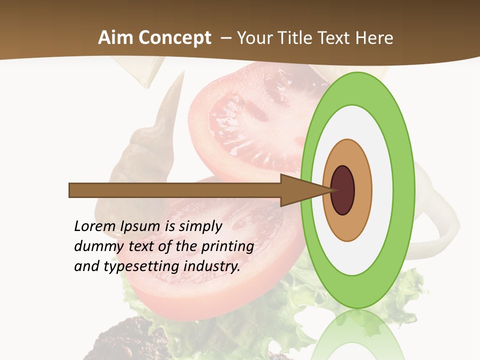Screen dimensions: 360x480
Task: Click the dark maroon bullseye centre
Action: tap(343, 190)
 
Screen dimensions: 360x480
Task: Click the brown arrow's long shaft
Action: tap(175, 190)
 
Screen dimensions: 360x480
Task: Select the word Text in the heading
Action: tap(336, 38)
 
